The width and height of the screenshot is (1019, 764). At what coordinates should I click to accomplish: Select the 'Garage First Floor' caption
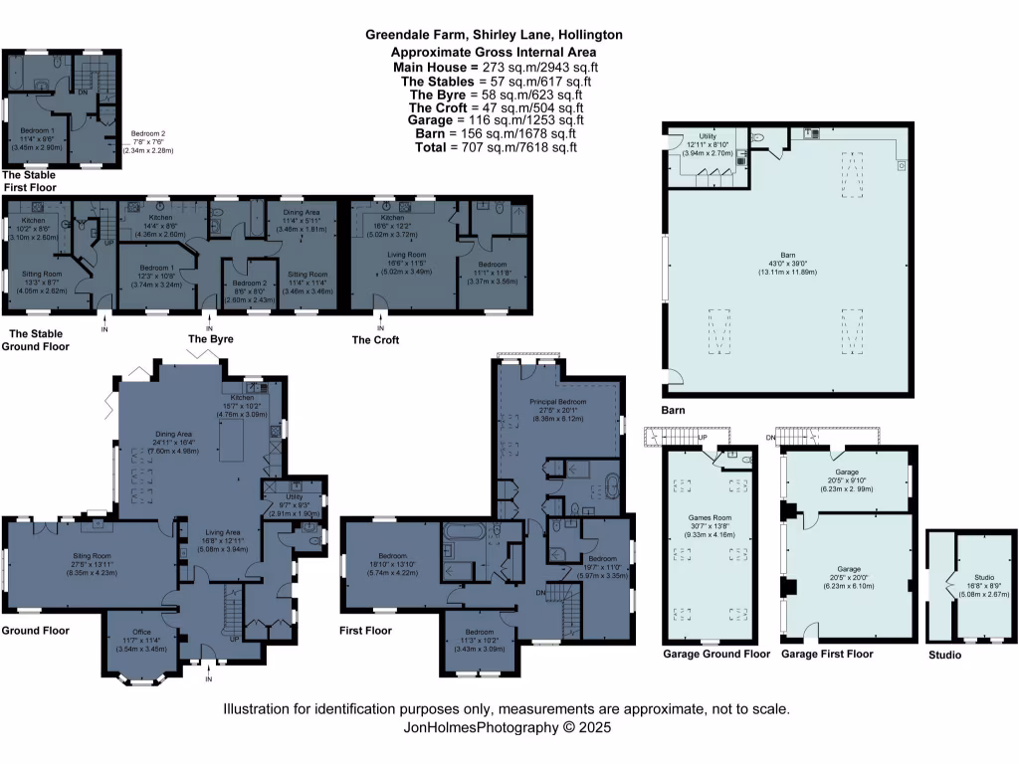pyautogui.click(x=828, y=654)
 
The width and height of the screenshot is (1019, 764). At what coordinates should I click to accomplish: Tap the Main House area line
pyautogui.click(x=495, y=67)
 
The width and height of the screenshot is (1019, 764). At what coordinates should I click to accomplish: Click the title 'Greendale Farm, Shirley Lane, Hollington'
pyautogui.click(x=495, y=34)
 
